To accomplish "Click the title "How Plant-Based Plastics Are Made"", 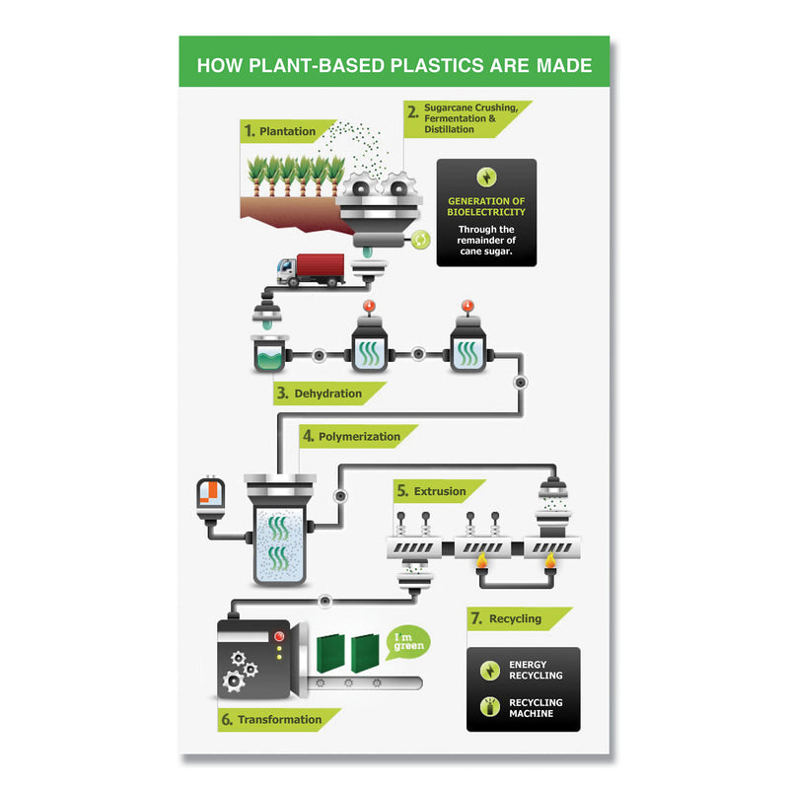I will click(x=394, y=66).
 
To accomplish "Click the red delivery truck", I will click(x=312, y=269).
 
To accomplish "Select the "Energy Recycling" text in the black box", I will click(x=536, y=670).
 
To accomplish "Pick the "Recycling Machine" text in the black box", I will click(x=536, y=708).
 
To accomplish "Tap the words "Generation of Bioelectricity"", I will click(x=486, y=206).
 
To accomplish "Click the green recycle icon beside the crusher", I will click(x=421, y=239).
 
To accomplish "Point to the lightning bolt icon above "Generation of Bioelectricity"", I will click(x=486, y=178).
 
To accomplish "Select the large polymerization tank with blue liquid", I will click(x=280, y=538).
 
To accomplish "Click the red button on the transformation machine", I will click(x=279, y=635).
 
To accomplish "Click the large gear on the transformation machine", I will click(x=234, y=680).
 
